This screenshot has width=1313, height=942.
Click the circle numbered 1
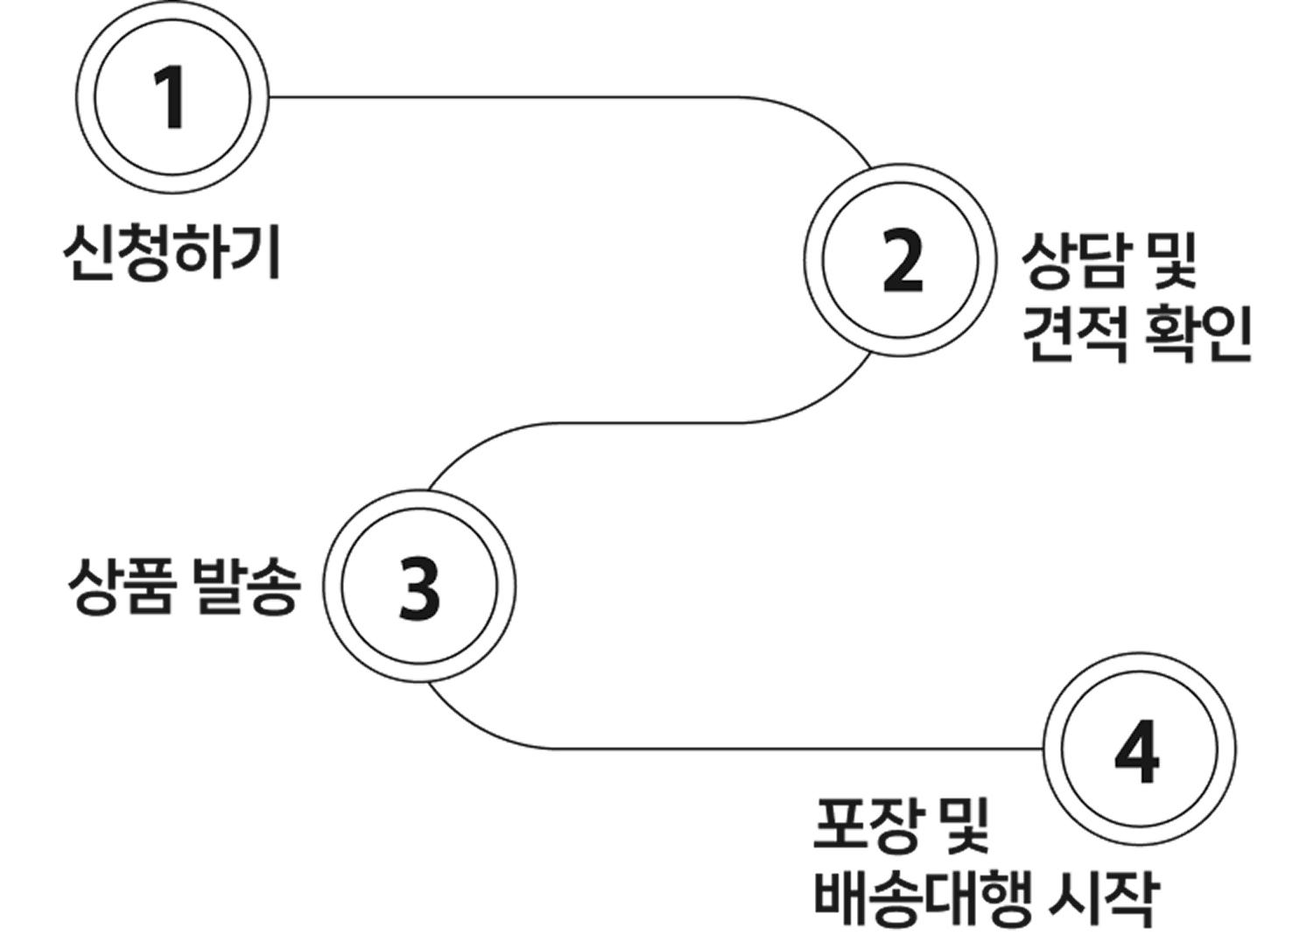(x=172, y=98)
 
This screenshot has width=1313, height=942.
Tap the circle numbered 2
(x=901, y=260)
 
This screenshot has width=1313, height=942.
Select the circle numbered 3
(x=420, y=585)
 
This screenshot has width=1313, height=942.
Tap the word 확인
(x=1197, y=334)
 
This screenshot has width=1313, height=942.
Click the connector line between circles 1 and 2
(x=525, y=97)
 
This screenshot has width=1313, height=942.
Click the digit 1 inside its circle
(x=172, y=98)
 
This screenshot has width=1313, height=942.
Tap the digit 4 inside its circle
(x=1138, y=750)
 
